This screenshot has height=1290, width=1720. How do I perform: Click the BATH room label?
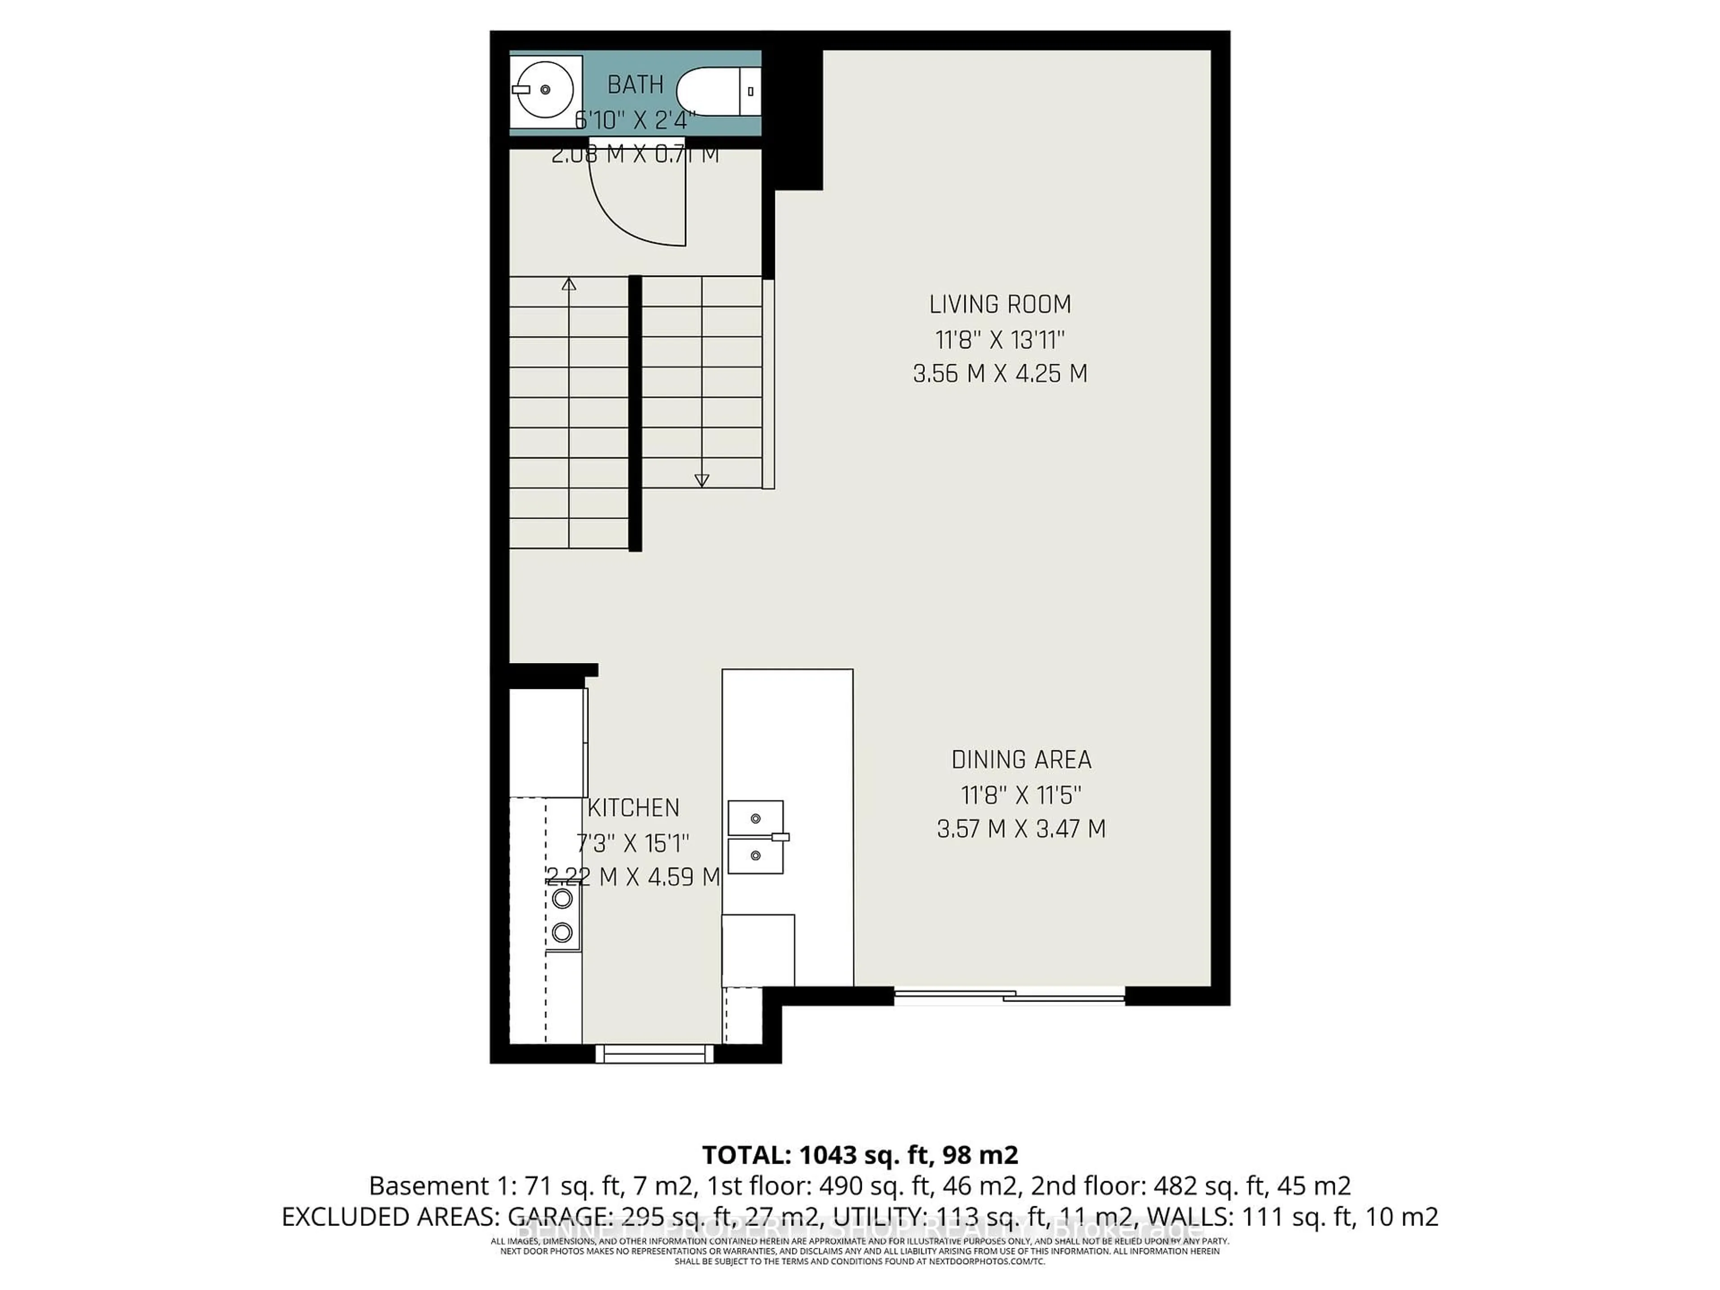pyautogui.click(x=635, y=84)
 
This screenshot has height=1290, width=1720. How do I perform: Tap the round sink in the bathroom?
pyautogui.click(x=545, y=90)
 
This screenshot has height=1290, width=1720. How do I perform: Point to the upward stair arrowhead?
pyautogui.click(x=568, y=284)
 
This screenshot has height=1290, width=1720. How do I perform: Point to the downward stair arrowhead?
pyautogui.click(x=701, y=481)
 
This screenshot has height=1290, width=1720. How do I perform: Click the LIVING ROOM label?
pyautogui.click(x=1000, y=304)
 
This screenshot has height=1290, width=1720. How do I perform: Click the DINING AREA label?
pyautogui.click(x=1021, y=759)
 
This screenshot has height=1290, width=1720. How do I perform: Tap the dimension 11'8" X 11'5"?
pyautogui.click(x=1021, y=795)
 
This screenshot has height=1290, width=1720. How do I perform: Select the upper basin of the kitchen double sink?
pyautogui.click(x=755, y=818)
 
